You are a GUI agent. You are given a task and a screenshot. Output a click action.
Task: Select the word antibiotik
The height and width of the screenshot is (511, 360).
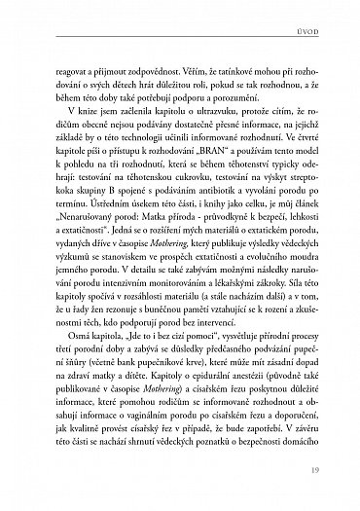click(x=211, y=237)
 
